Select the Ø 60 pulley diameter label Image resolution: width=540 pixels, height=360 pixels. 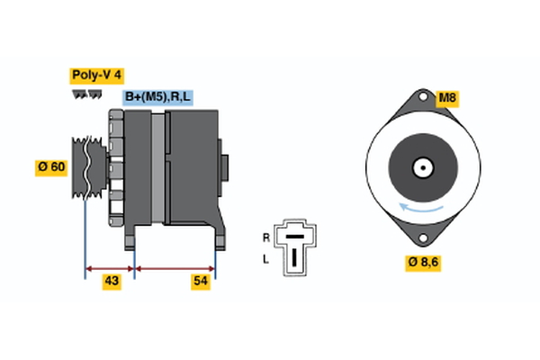coord(51,166)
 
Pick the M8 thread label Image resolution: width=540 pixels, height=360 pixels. coord(447,98)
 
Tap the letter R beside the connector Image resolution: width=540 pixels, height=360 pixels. coord(265,238)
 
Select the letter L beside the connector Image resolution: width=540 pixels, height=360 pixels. coord(265,259)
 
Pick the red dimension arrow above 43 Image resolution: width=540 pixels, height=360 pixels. coord(110,268)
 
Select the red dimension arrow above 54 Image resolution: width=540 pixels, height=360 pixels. coord(175,268)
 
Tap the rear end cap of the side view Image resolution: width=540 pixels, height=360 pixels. coord(224,167)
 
